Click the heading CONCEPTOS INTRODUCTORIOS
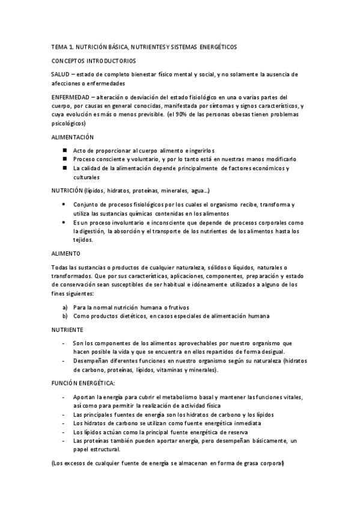point(93,61)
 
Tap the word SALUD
point(61,73)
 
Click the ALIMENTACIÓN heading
point(73,137)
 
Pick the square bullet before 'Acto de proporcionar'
point(64,150)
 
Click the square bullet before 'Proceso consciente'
point(64,159)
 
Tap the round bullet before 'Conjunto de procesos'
point(64,204)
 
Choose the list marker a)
point(65,307)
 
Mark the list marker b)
point(65,316)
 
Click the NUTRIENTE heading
point(67,330)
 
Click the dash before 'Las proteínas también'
point(64,441)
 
